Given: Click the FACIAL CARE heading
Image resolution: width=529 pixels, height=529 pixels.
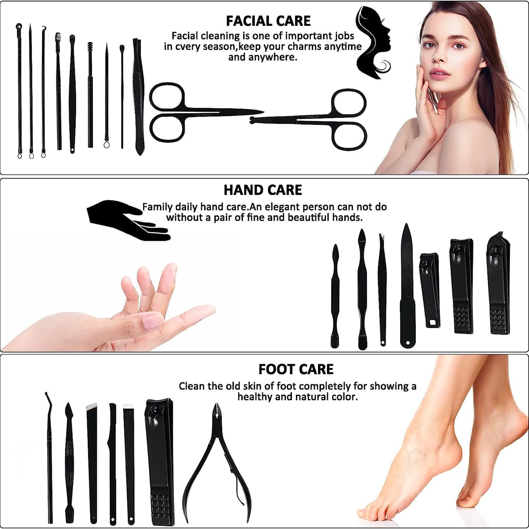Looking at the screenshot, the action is (x=268, y=21).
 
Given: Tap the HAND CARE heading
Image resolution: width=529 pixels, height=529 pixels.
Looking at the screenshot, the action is (x=263, y=190).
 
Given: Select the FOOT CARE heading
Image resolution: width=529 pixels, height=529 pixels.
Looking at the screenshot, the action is (x=296, y=369).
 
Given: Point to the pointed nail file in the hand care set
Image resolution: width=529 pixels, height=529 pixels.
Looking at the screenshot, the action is (x=407, y=286).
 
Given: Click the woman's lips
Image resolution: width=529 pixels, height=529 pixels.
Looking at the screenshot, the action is (x=439, y=74).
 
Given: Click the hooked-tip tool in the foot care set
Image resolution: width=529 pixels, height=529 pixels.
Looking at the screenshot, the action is (x=49, y=457).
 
